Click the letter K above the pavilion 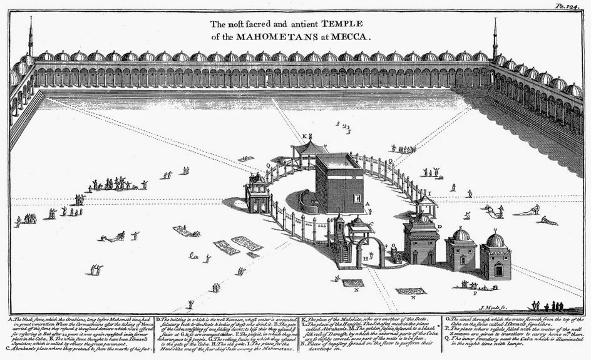(x=305, y=136)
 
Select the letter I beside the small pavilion (x=429, y=192)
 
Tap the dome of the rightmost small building (x=495, y=239)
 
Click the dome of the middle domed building (x=461, y=235)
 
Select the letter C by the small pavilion (x=372, y=223)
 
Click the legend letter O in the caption (x=446, y=317)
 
